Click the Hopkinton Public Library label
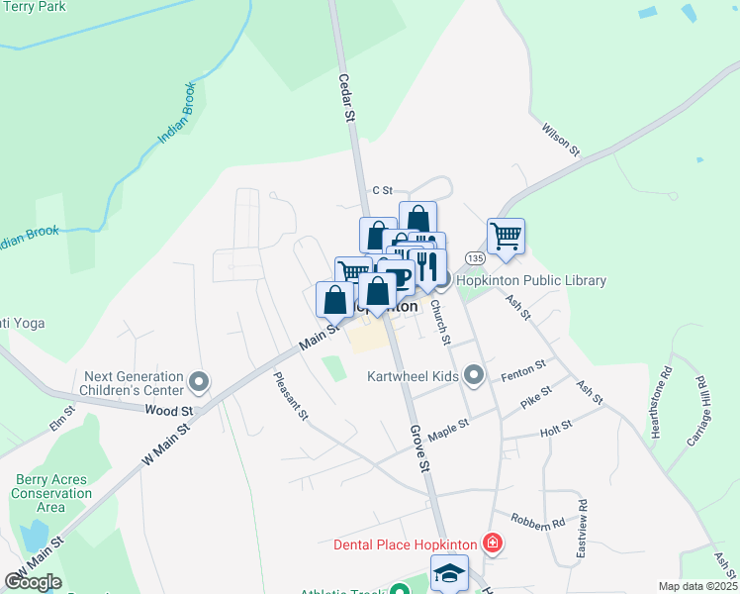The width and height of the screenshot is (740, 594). click(530, 281)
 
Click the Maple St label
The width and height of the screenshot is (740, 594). click(448, 430)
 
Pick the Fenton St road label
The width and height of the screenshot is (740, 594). click(524, 369)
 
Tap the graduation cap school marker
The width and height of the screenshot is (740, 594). click(449, 573)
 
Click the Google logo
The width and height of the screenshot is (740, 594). click(32, 582)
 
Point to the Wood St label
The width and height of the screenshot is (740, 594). click(167, 410)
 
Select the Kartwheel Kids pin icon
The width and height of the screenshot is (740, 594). click(475, 376)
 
